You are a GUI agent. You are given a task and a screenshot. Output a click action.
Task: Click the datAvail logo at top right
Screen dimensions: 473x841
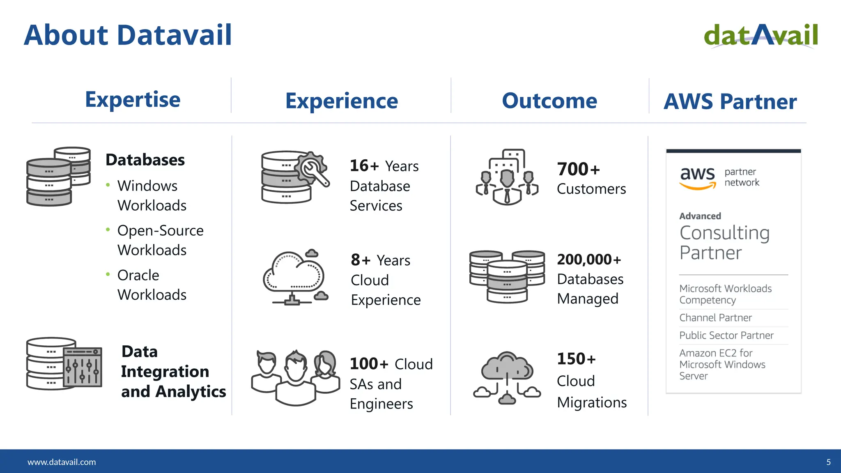(761, 35)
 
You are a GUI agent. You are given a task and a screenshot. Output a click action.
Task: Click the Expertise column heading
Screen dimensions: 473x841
(133, 100)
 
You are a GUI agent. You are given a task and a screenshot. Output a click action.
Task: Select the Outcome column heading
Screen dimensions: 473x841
(549, 101)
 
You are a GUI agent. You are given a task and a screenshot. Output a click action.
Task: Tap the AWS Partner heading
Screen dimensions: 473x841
(730, 102)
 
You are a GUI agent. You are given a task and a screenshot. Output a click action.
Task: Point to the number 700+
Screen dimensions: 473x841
(578, 169)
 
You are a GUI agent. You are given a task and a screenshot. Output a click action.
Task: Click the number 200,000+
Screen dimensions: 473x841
(589, 259)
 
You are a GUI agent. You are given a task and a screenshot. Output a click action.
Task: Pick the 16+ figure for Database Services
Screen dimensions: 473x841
(364, 166)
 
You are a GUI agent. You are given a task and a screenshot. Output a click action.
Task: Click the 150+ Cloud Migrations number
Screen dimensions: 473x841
(576, 359)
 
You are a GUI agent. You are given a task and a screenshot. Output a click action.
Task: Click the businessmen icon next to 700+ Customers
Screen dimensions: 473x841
(507, 177)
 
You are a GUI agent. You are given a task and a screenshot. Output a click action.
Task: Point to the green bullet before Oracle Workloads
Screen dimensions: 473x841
(108, 274)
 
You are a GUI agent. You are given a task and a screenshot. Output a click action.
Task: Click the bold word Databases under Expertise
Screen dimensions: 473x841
(145, 160)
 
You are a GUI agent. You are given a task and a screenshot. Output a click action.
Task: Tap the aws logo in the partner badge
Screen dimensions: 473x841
(698, 178)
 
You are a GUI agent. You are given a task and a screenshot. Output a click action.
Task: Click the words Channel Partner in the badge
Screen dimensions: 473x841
(715, 318)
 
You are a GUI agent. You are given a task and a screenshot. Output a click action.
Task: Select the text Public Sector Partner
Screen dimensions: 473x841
(726, 335)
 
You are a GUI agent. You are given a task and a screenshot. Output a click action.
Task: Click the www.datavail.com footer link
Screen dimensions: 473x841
(62, 462)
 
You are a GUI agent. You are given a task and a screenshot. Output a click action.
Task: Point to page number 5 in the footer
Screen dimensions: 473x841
(828, 462)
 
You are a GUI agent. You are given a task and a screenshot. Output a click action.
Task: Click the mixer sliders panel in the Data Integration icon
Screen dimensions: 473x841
(83, 367)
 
